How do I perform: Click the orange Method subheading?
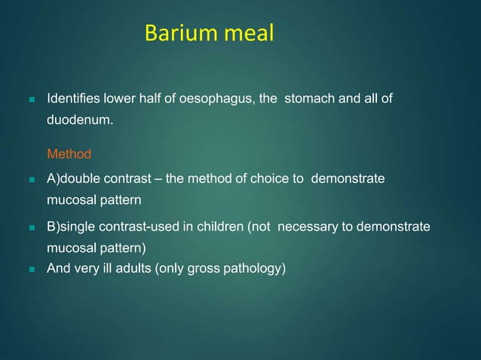coord(69,154)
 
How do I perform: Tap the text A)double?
coord(73,178)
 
